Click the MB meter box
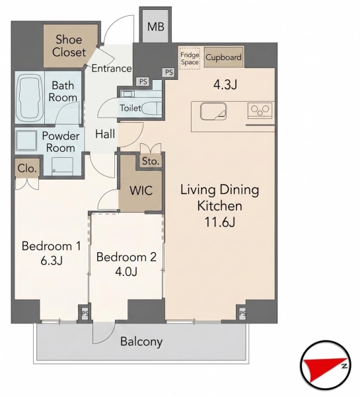coord(155,26)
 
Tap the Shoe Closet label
coord(69,46)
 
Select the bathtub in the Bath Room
coord(29,97)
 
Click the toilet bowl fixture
coord(151,108)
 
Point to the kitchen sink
coord(213,111)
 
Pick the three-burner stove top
coord(260,110)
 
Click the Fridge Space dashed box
coord(190,58)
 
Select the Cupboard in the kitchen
coord(223,57)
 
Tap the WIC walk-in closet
coord(141,190)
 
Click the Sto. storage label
coord(151,161)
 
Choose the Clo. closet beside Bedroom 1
coord(27,168)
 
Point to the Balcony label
coord(141,341)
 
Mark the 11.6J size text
coord(220,222)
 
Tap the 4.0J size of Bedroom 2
coord(126,272)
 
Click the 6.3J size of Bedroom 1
coord(52,261)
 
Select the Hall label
coord(105,134)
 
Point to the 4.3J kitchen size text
coord(225,85)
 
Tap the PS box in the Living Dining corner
coord(242,313)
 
